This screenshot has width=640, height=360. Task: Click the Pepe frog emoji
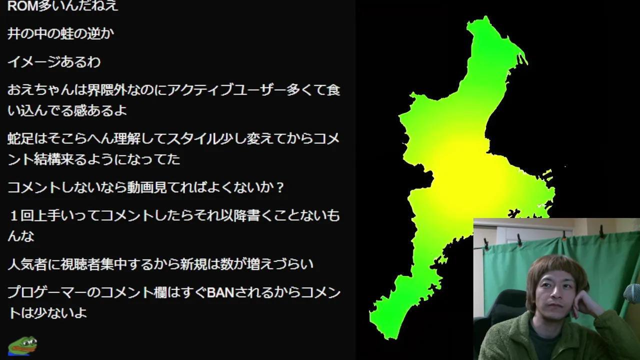(22, 345)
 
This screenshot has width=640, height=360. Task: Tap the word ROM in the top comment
(22, 5)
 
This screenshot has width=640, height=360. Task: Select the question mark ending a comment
(280, 187)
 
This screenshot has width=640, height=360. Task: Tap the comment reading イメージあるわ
(54, 62)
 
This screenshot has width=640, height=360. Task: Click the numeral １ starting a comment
(13, 215)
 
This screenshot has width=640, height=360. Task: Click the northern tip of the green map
(485, 16)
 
